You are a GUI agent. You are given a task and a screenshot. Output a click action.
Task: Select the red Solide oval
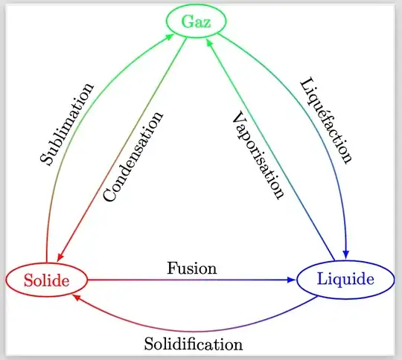46,280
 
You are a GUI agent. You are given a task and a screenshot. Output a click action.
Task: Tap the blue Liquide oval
345,280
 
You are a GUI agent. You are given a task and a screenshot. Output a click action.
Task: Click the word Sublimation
67,124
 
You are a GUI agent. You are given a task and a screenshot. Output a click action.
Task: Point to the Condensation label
133,157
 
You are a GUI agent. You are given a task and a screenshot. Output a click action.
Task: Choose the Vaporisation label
258,155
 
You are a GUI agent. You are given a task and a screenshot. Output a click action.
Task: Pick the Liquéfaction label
325,120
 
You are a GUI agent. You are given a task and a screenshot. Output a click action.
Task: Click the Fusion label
192,268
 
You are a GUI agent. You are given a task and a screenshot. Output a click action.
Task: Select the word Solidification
194,344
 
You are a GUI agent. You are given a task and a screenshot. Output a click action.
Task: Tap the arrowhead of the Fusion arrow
293,280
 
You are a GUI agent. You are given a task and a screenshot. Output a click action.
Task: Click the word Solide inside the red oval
46,280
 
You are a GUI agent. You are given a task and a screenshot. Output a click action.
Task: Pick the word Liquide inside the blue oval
345,280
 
